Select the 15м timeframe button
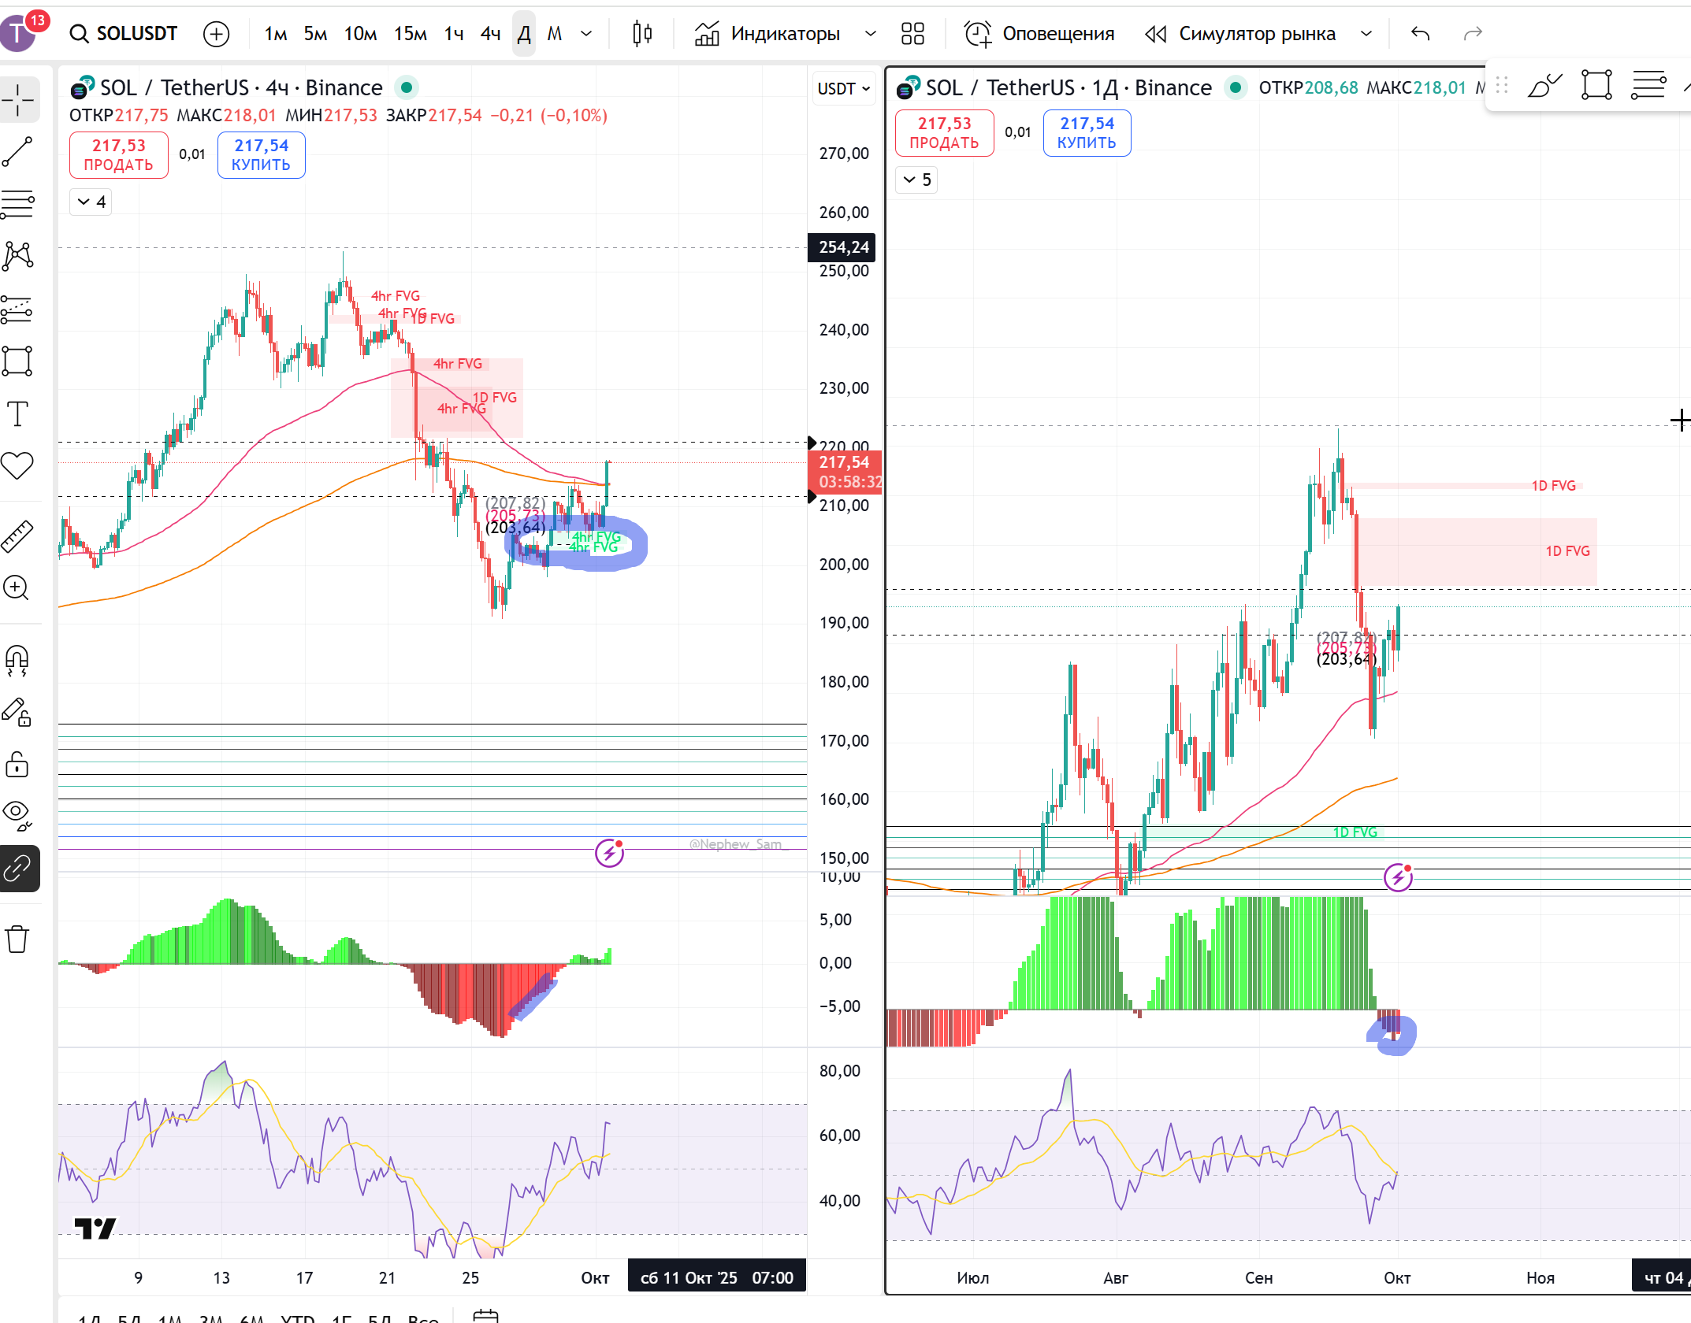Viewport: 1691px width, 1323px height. coord(411,34)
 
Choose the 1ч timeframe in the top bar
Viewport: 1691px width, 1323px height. coord(454,34)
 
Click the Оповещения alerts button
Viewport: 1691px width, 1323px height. coord(1040,34)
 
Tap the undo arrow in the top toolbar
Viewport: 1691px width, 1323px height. coord(1420,34)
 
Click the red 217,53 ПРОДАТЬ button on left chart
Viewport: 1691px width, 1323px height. coord(119,154)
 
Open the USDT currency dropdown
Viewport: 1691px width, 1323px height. coord(842,88)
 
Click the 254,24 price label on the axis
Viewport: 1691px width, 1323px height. coord(842,247)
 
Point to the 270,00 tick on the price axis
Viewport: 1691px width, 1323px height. coord(843,154)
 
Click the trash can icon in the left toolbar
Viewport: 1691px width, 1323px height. coord(17,939)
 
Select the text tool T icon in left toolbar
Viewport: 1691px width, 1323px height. coord(17,413)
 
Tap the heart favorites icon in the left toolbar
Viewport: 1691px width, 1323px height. coord(17,465)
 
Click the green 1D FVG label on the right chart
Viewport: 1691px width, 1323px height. coord(1355,832)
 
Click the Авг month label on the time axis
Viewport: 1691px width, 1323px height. coord(1115,1277)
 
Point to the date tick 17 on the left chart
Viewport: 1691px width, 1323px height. coord(304,1277)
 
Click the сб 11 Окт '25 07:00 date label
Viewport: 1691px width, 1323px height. coord(716,1277)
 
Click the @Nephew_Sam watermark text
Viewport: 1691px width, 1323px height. coord(735,844)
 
